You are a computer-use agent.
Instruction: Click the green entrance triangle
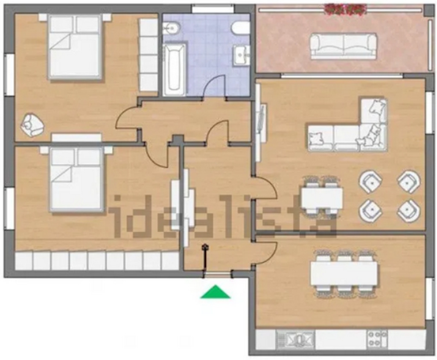click(215, 293)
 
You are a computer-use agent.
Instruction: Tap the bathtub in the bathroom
click(174, 70)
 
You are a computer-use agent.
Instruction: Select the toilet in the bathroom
click(240, 28)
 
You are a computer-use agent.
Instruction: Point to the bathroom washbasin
click(242, 55)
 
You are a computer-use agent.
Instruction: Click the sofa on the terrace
click(344, 46)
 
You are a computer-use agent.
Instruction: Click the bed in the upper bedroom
click(75, 47)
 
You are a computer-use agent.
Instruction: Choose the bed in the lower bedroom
click(76, 180)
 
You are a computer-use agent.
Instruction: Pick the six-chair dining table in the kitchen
click(344, 273)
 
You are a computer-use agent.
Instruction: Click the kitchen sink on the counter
click(295, 339)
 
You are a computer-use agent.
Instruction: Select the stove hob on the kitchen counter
click(377, 339)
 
